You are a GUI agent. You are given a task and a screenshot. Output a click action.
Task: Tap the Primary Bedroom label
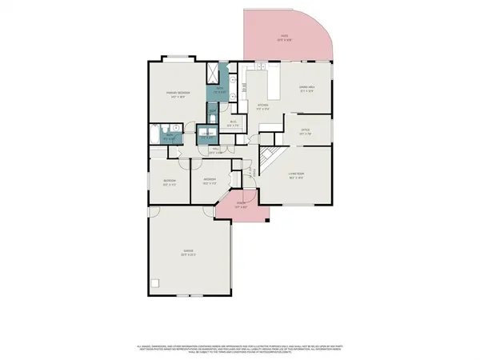click(x=178, y=94)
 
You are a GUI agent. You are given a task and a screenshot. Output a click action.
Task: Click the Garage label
click(x=189, y=253)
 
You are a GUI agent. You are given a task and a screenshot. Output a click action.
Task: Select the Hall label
click(x=216, y=150)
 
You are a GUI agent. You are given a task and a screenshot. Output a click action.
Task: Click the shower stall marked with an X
click(x=212, y=73)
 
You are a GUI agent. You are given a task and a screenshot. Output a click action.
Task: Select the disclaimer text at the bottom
click(x=240, y=348)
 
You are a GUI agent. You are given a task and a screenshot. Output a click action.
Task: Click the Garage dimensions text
click(x=189, y=257)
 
